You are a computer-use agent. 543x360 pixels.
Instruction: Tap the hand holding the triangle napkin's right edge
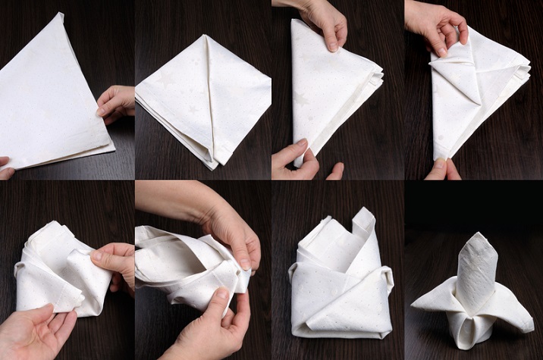(x=115, y=103)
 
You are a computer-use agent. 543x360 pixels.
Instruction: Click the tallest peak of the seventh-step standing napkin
(x=365, y=214)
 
